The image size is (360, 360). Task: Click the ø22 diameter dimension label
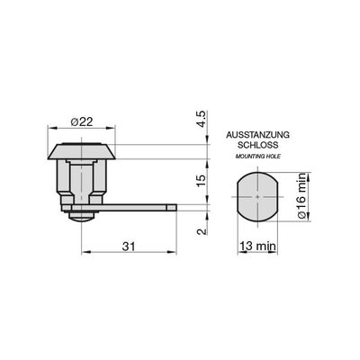pos(82,122)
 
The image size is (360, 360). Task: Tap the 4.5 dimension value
pos(202,119)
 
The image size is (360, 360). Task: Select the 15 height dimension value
pos(202,180)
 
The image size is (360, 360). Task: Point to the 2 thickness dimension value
pos(202,231)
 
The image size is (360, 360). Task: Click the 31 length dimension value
pos(129,247)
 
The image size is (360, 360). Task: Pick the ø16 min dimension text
pos(301,195)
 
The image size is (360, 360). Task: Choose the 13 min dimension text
pos(258,247)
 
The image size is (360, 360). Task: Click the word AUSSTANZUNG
pos(258,135)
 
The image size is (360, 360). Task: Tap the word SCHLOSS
pos(258,145)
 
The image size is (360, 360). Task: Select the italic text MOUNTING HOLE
pos(258,157)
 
